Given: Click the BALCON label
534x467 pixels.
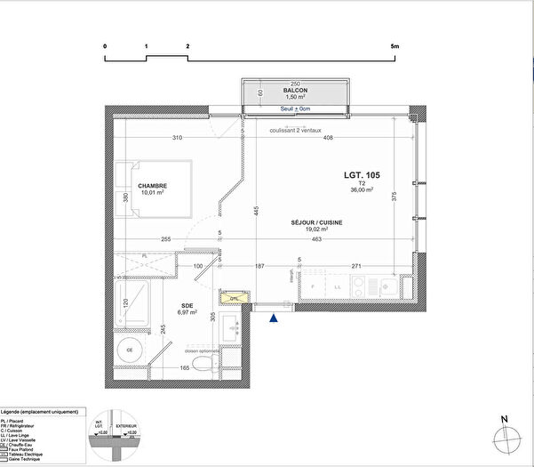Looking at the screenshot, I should [296, 91].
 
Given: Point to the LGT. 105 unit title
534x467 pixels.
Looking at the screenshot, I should [362, 175].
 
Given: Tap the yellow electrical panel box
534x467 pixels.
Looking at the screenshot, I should [234, 299].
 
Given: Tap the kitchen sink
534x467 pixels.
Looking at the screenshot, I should [387, 286].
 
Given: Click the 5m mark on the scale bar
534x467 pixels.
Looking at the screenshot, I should [395, 44].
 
